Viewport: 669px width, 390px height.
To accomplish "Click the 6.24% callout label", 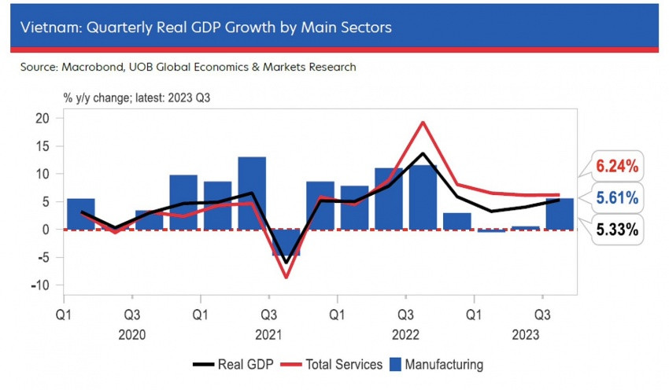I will tap(616, 166).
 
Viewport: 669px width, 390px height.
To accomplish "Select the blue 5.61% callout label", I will tap(616, 198).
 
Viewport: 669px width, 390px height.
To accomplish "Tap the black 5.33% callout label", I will tap(616, 230).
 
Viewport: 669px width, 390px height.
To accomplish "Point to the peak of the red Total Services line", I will tap(423, 122).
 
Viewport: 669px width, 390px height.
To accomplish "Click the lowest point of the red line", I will tap(286, 277).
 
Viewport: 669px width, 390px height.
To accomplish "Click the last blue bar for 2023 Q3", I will tap(560, 214).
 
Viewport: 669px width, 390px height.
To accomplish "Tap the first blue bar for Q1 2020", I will tap(81, 214).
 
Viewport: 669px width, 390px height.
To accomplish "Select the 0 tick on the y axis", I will tap(46, 230).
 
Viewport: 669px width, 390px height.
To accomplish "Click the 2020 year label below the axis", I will tap(132, 333).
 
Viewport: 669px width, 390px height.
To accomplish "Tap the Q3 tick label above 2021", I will tap(269, 314).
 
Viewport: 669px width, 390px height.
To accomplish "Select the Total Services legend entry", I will tap(334, 365).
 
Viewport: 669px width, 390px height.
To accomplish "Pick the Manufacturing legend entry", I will tap(438, 365).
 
